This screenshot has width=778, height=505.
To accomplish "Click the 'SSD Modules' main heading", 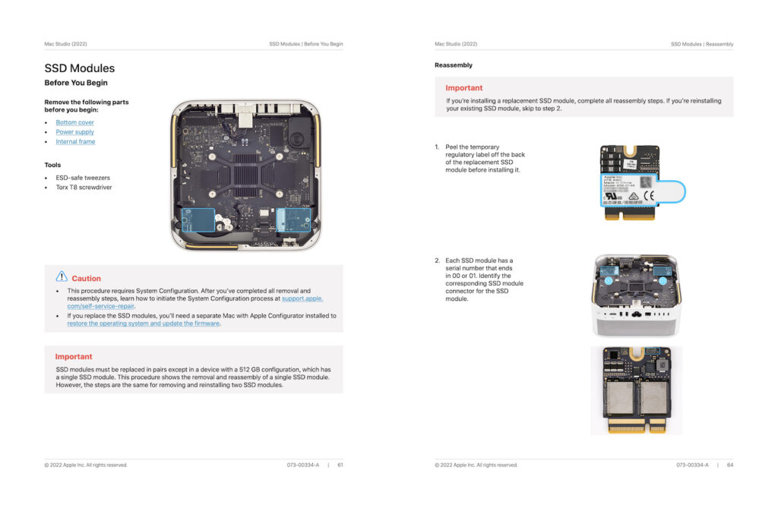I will click(x=80, y=68).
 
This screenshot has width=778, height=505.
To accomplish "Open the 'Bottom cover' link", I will click(x=74, y=122).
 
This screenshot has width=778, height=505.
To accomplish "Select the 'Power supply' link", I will click(x=74, y=132).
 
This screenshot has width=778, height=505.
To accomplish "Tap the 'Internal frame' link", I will click(x=75, y=142).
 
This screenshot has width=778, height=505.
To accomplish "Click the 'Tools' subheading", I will click(x=52, y=165).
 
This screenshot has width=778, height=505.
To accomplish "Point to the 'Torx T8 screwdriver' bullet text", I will click(x=84, y=187).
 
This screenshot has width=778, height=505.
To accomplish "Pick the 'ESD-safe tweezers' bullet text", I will click(x=82, y=177).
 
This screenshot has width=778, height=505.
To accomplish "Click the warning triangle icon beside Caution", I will click(x=62, y=277).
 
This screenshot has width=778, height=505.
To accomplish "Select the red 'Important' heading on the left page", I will click(x=74, y=356).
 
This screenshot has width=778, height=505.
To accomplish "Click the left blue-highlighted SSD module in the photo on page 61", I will click(x=199, y=221).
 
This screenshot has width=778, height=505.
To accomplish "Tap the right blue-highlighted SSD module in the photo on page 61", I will click(x=294, y=221).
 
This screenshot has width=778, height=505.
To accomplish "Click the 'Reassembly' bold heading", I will click(x=454, y=65).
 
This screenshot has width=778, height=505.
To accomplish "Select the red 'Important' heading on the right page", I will click(x=464, y=88).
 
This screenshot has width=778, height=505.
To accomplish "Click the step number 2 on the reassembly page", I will click(x=437, y=260).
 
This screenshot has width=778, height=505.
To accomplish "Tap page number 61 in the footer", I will click(x=340, y=465).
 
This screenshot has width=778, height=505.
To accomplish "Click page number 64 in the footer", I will click(x=730, y=465).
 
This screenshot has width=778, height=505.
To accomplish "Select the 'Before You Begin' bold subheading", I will click(x=76, y=83).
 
